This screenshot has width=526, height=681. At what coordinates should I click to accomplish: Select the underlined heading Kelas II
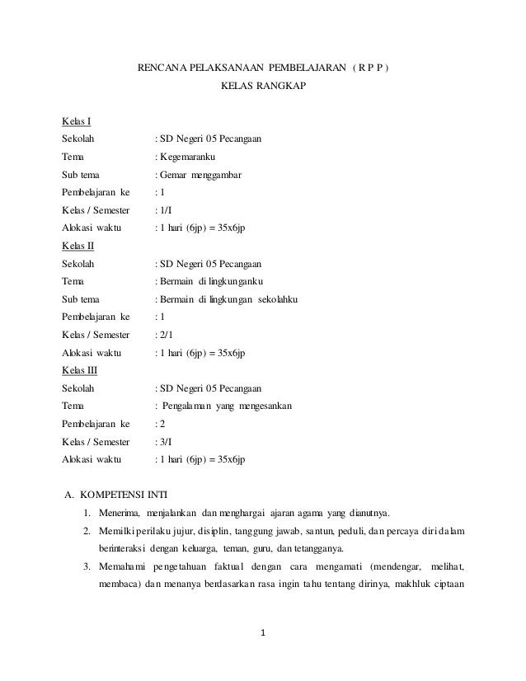(x=78, y=246)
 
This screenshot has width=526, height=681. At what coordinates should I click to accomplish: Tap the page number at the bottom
(x=263, y=633)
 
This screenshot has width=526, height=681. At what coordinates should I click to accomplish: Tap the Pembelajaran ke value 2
(x=162, y=424)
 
